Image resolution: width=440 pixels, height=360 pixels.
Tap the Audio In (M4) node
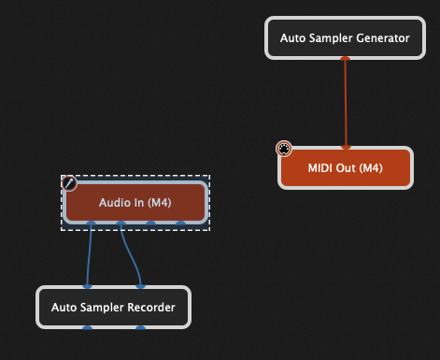click(x=135, y=203)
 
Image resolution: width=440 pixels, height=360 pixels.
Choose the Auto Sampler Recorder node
click(x=113, y=307)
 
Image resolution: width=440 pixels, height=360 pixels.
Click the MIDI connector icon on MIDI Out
click(x=284, y=149)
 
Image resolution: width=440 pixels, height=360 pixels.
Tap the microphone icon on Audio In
click(x=68, y=183)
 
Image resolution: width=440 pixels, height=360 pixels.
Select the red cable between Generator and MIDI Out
click(x=346, y=103)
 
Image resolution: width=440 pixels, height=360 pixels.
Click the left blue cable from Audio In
click(x=90, y=254)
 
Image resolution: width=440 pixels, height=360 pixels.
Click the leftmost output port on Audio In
click(x=91, y=224)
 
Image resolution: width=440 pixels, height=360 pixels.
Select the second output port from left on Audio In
click(x=121, y=224)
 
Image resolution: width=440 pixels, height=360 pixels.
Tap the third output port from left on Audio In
click(x=150, y=224)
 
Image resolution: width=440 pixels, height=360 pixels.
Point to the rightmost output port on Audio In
click(x=180, y=224)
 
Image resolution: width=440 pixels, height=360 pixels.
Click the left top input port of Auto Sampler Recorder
click(x=87, y=286)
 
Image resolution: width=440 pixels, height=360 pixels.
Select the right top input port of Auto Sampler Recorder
click(x=140, y=286)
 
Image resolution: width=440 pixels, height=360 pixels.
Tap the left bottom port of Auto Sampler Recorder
click(x=87, y=327)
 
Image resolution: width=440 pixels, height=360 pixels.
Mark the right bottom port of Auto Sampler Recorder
click(x=140, y=327)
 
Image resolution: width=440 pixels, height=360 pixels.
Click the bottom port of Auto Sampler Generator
click(x=346, y=59)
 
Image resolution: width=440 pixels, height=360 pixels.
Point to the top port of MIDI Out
click(x=346, y=147)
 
